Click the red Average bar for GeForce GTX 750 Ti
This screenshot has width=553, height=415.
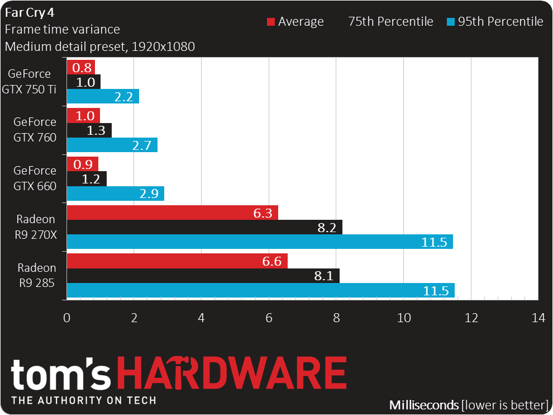point(80,67)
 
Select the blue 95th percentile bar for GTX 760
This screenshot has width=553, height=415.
point(112,145)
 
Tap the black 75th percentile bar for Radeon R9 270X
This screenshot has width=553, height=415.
point(204,227)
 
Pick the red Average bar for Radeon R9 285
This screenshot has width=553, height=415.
point(177,261)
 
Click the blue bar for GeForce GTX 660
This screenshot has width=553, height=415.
point(115,194)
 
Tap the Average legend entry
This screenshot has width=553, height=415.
point(295,22)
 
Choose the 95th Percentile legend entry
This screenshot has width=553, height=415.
point(495,22)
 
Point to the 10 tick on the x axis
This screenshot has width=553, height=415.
point(404,318)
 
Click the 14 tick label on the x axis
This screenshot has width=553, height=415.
point(538,318)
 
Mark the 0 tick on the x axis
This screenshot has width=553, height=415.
point(67,318)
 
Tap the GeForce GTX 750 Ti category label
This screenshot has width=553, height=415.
point(32,82)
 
